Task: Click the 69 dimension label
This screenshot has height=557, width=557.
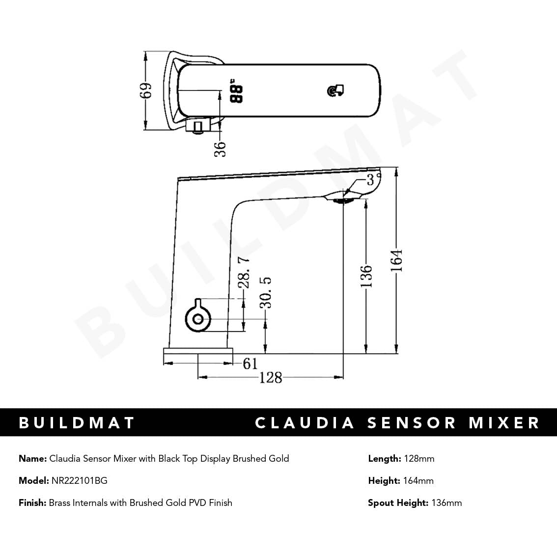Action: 146,90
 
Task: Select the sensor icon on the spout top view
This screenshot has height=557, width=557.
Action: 335,91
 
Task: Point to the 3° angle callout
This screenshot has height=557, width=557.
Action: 374,178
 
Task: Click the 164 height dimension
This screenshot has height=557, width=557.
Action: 397,261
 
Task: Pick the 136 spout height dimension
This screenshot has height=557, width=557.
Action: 366,276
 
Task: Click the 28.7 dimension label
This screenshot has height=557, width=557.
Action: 244,273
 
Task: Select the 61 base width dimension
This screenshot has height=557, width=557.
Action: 250,363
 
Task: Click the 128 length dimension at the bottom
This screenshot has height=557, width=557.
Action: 271,377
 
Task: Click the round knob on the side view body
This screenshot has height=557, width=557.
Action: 198,318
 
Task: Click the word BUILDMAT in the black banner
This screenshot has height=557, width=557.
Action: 77,423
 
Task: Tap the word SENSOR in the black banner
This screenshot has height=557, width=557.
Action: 412,423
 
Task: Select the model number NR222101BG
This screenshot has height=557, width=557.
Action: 79,481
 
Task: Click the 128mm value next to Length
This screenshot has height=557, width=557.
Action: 419,459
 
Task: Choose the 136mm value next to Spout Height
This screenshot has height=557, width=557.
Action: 446,503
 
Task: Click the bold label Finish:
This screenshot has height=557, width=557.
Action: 32,503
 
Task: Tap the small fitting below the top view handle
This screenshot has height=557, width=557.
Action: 198,127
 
